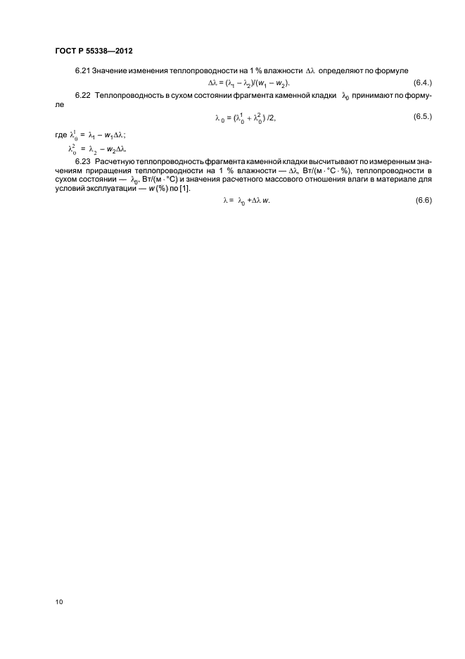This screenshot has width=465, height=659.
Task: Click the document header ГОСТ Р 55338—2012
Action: (x=93, y=52)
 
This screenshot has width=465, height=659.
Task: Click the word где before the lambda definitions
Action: (x=60, y=135)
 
